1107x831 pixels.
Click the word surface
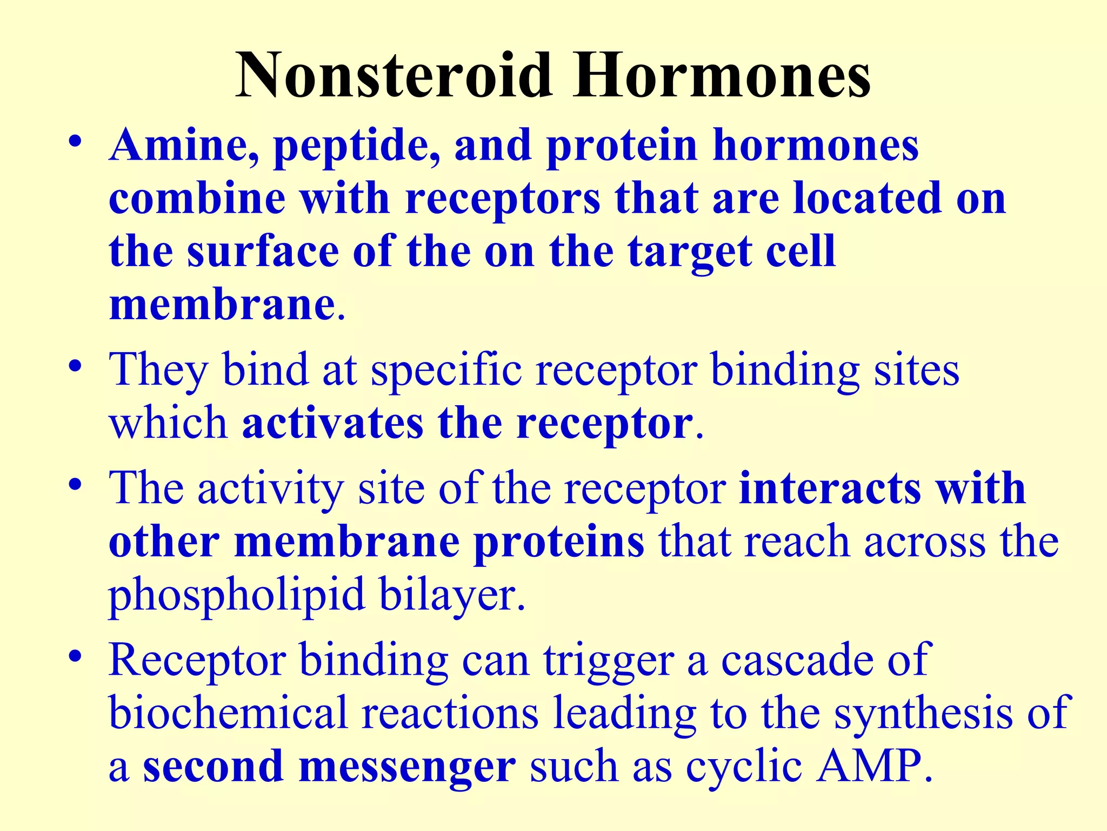pos(263,252)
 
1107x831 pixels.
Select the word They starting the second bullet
pos(158,371)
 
